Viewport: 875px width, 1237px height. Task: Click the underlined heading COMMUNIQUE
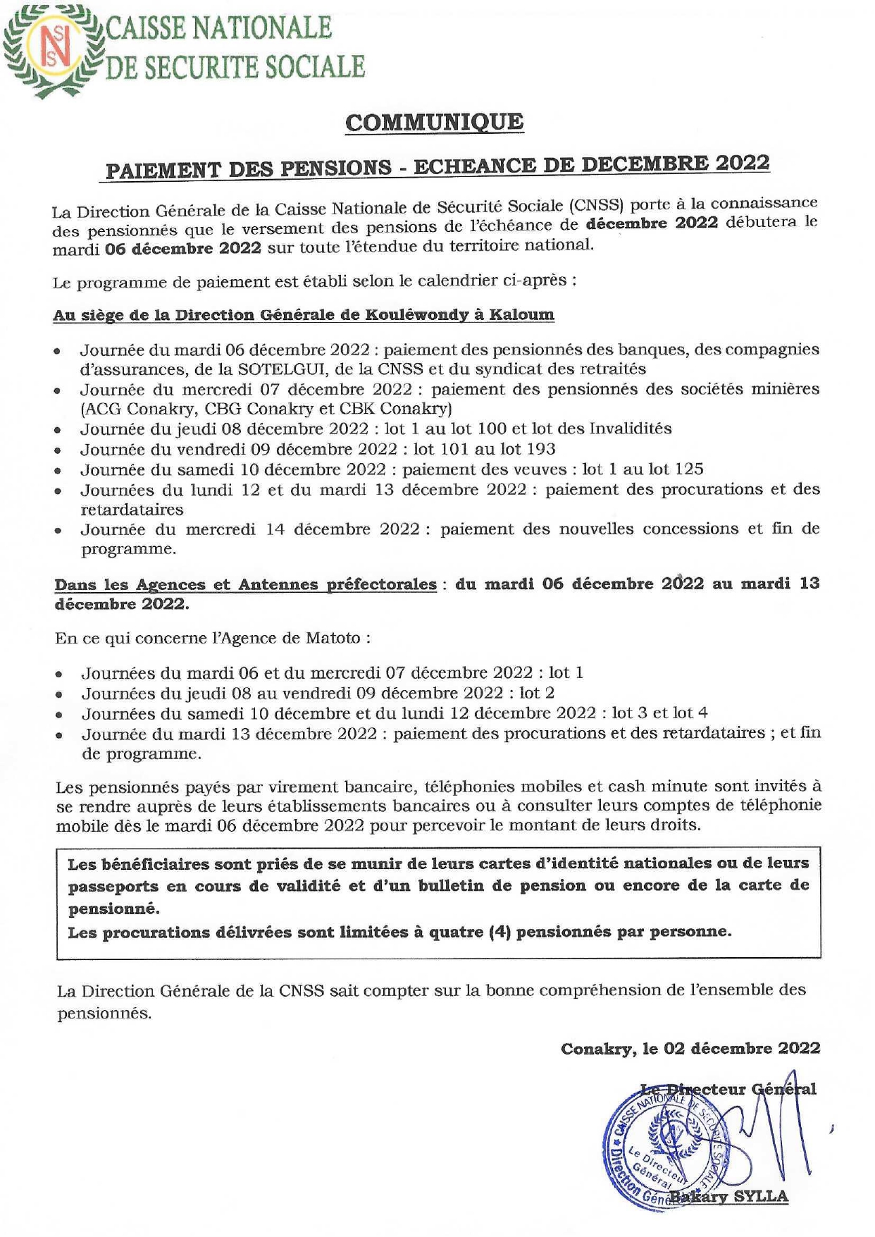[434, 123]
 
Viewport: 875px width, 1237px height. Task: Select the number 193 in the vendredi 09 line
[540, 449]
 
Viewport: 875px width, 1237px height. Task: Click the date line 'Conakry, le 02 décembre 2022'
[690, 1048]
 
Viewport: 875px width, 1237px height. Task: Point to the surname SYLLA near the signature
[761, 1196]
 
